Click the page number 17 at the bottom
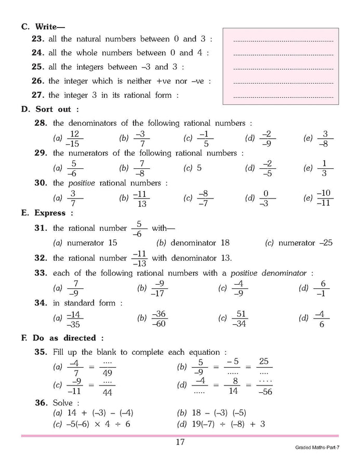point(180,443)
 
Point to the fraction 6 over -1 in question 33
point(322,288)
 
